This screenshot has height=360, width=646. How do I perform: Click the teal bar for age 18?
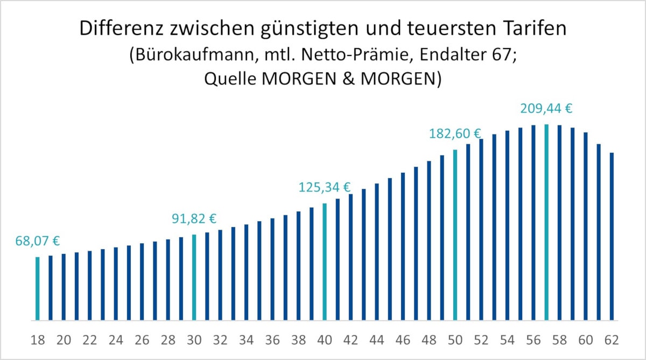38,288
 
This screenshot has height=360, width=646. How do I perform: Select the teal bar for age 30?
194,277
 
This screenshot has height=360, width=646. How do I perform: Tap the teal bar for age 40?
325,262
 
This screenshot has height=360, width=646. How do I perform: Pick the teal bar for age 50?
455,235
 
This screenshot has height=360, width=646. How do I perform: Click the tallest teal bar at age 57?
546,222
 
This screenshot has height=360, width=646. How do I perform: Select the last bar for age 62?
612,237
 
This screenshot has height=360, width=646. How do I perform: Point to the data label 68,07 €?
38,241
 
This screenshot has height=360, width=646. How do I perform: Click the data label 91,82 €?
194,218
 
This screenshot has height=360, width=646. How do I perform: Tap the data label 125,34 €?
325,187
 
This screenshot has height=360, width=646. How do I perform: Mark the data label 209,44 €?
546,109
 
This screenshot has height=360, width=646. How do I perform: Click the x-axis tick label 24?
116,340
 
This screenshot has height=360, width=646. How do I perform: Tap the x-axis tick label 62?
612,340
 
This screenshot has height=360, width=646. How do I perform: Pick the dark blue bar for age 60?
586,226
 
